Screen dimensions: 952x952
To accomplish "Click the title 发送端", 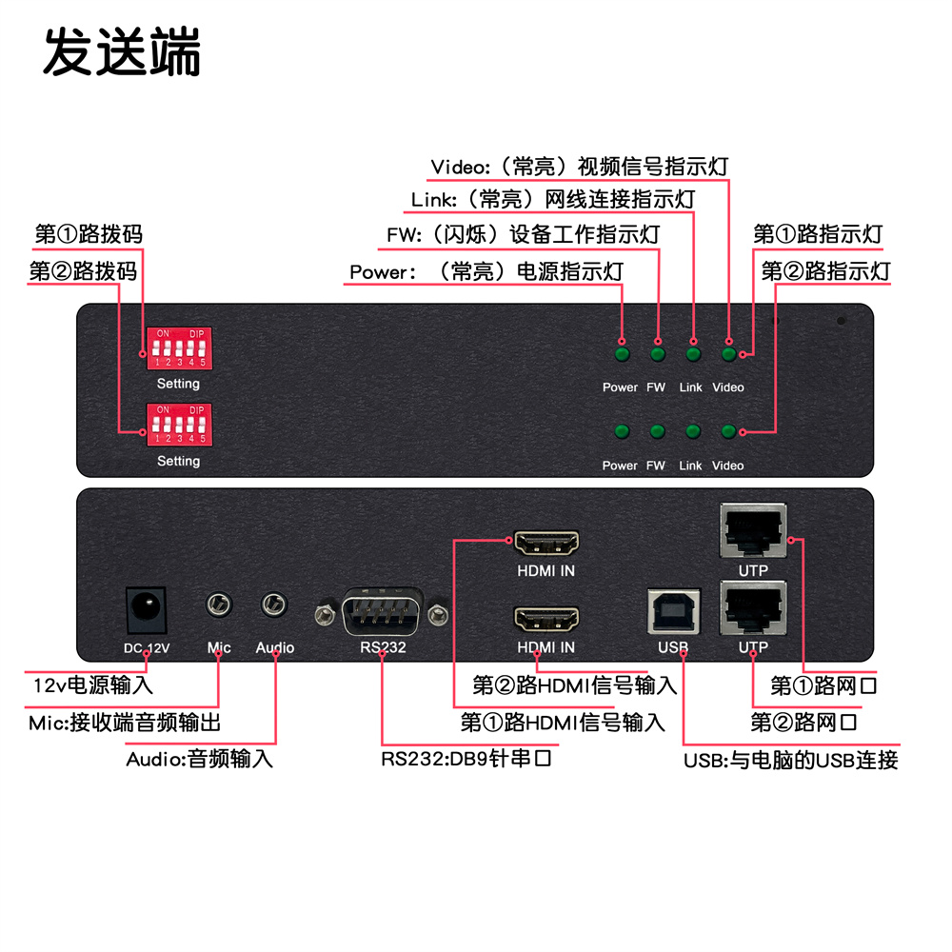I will pos(122,53).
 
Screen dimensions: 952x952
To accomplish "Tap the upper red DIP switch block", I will pos(178,349).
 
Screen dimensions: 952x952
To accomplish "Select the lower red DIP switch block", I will pos(178,425).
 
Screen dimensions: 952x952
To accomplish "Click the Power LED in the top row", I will pos(622,355).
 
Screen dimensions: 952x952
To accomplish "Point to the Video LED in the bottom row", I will pos(728,432).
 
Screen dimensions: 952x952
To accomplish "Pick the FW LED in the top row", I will pos(657,355).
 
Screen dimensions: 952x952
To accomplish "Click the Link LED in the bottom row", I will pos(692,432).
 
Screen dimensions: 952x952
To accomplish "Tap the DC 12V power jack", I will pos(146,607).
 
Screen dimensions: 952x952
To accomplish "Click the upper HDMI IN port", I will pos(546,545).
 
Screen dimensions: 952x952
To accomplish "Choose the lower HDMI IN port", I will pos(546,620).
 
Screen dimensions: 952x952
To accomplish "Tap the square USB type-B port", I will pos(673,611).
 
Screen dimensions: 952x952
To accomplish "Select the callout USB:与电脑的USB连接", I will pos(790,760).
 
